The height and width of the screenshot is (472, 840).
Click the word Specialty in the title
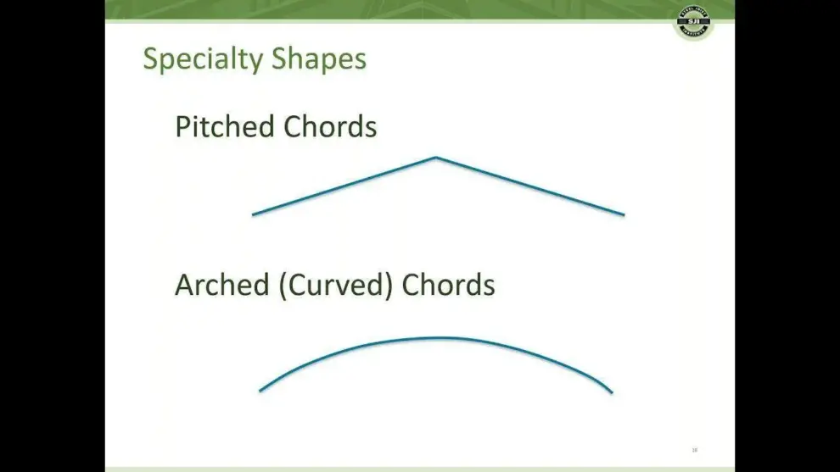click(204, 59)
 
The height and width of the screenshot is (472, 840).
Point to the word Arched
click(222, 285)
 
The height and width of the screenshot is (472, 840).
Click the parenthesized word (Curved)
click(335, 285)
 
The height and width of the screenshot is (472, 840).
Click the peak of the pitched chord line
click(436, 158)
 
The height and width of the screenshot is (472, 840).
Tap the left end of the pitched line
click(254, 214)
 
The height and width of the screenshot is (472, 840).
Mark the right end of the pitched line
click(624, 214)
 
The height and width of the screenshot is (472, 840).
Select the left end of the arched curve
click(260, 391)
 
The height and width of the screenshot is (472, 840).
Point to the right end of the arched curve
click(612, 392)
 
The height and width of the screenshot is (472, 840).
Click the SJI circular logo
click(693, 21)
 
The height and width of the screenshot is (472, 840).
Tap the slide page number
click(695, 449)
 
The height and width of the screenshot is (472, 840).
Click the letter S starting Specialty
click(150, 59)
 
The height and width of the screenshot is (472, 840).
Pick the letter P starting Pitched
click(182, 126)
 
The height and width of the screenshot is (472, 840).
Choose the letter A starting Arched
click(184, 285)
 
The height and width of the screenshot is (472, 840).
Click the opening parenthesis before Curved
click(282, 285)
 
